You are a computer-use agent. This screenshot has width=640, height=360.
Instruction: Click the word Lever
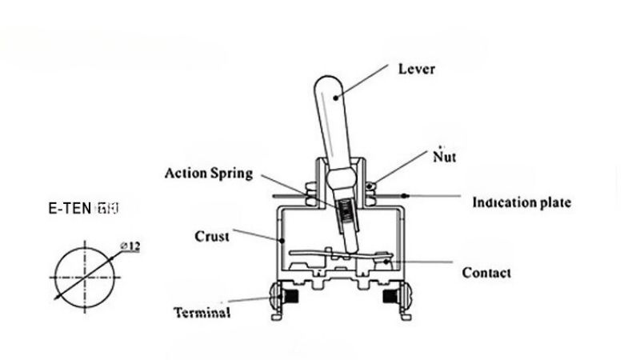pyautogui.click(x=416, y=69)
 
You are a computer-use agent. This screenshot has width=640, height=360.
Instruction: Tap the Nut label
pyautogui.click(x=444, y=156)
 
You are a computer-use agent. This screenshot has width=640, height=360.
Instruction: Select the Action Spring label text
pyautogui.click(x=209, y=173)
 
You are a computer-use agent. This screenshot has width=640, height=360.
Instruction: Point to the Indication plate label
pyautogui.click(x=522, y=202)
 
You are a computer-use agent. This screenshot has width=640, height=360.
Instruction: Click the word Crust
pyautogui.click(x=212, y=237)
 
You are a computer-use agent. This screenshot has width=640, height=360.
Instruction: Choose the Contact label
pyautogui.click(x=486, y=273)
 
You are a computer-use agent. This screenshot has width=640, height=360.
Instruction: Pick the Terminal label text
pyautogui.click(x=203, y=312)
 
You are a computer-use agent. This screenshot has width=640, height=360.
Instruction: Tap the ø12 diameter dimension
pyautogui.click(x=130, y=246)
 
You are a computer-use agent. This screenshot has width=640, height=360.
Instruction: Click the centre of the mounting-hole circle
pyautogui.click(x=86, y=277)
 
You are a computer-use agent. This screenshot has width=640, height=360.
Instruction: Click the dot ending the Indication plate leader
pyautogui.click(x=407, y=195)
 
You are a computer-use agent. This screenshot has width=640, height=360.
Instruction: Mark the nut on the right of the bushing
pyautogui.click(x=370, y=189)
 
